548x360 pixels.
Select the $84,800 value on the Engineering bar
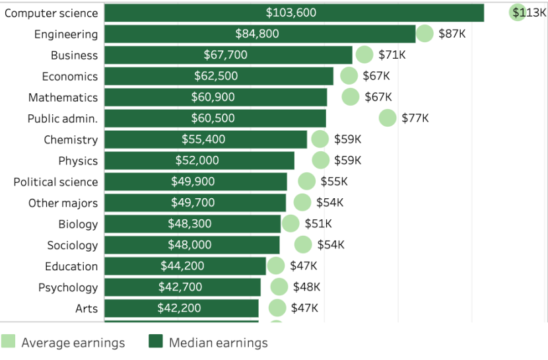pyautogui.click(x=257, y=34)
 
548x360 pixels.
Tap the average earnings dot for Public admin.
pyautogui.click(x=388, y=118)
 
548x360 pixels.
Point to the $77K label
pyautogui.click(x=415, y=118)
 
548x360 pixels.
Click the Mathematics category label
pyautogui.click(x=63, y=97)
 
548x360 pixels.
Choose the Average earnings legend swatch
pyautogui.click(x=9, y=342)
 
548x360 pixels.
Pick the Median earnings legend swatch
pyautogui.click(x=156, y=342)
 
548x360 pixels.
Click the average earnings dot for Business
pyautogui.click(x=364, y=55)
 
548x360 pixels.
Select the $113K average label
pyautogui.click(x=530, y=13)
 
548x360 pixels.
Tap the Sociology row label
pyautogui.click(x=72, y=245)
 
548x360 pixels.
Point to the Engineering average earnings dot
pyautogui.click(x=425, y=34)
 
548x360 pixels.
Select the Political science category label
pyautogui.click(x=55, y=182)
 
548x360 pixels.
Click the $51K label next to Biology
pyautogui.click(x=318, y=224)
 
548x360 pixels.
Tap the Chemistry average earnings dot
pyautogui.click(x=320, y=139)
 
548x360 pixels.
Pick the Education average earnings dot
pyautogui.click(x=276, y=266)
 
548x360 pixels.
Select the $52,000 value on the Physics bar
pyautogui.click(x=197, y=161)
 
